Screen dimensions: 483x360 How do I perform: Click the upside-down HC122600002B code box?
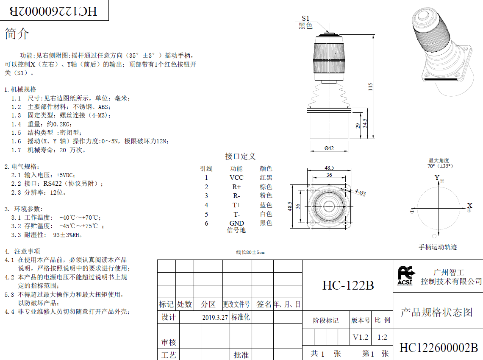(x=54, y=10)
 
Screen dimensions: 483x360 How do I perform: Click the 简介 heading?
(x=17, y=33)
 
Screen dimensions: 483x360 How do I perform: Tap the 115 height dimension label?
(x=370, y=87)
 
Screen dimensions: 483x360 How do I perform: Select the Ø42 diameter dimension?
(x=329, y=148)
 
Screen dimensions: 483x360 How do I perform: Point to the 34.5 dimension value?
(x=365, y=123)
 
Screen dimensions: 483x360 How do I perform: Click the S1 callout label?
(x=305, y=19)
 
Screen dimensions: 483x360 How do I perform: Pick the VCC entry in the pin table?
(x=236, y=178)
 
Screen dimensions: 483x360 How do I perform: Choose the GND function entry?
(x=236, y=223)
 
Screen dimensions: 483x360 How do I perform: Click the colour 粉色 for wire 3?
(x=266, y=195)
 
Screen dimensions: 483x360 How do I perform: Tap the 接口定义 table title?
(x=240, y=156)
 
